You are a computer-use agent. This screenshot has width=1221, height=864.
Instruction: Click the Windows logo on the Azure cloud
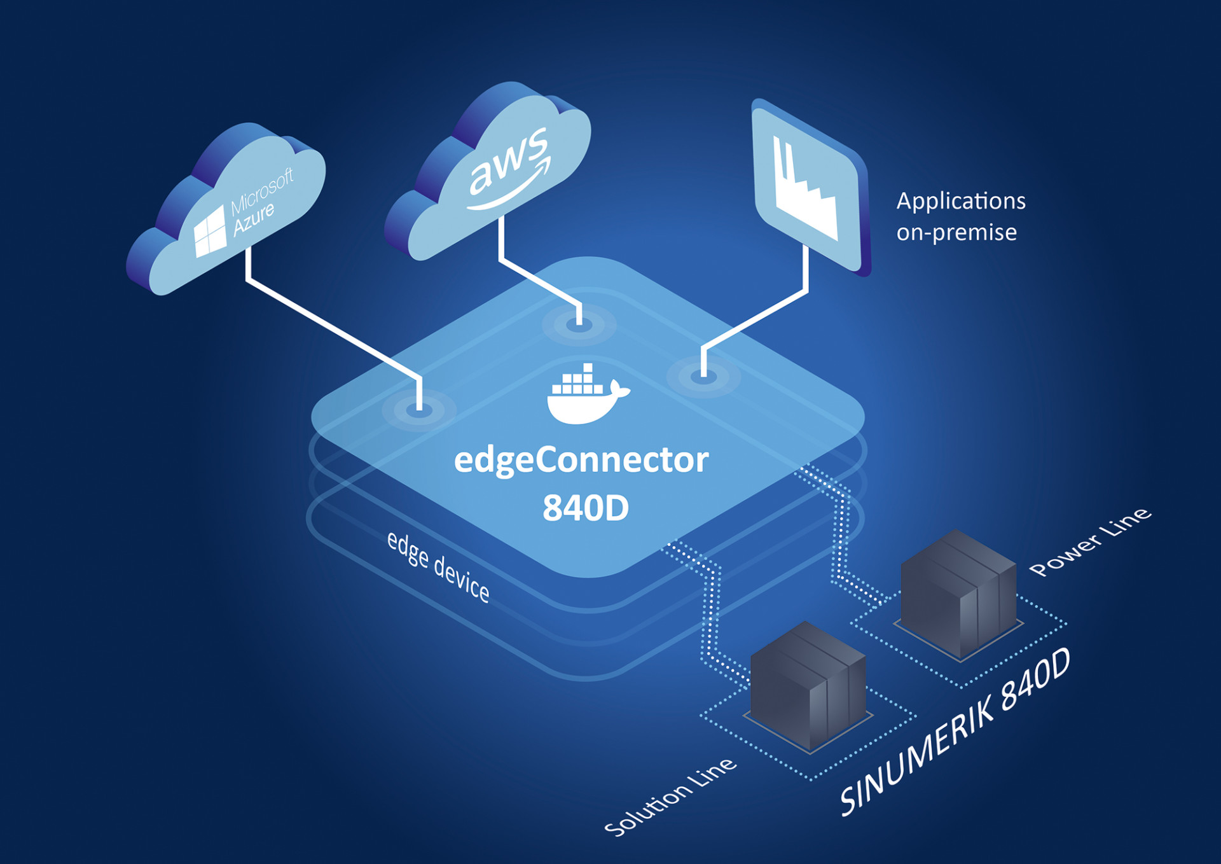(x=210, y=231)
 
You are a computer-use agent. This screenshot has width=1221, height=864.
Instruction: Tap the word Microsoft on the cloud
(x=261, y=192)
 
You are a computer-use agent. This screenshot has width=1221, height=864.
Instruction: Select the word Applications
(x=960, y=201)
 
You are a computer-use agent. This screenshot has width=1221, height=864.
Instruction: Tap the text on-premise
(x=956, y=232)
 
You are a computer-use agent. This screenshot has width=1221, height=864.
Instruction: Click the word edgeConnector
(x=581, y=460)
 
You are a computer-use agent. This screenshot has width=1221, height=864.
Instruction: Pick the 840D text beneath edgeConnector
(x=586, y=508)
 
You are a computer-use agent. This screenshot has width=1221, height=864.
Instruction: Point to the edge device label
(x=438, y=566)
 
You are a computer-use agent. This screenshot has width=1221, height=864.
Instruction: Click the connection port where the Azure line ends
(x=419, y=410)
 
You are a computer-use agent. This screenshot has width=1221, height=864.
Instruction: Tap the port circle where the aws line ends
(x=579, y=324)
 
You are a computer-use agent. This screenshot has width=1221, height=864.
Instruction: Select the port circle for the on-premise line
(x=703, y=377)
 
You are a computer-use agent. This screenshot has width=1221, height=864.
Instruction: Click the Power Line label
(x=1090, y=541)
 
